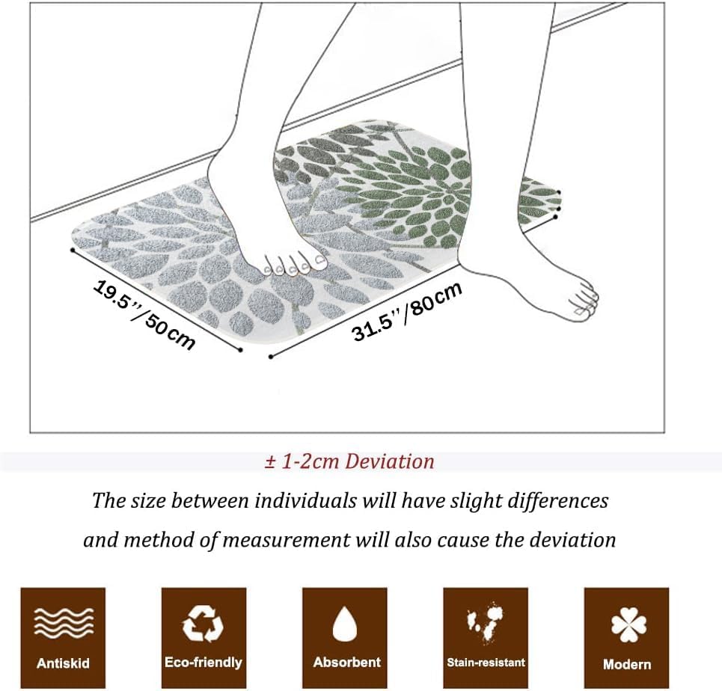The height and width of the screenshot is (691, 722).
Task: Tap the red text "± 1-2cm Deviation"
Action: point(349,461)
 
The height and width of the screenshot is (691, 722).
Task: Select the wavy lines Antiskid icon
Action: point(64,621)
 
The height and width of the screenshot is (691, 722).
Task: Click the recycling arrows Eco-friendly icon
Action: point(204,621)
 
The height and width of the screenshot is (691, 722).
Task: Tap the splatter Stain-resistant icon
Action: point(485,621)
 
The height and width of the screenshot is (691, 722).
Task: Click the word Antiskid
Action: point(64,663)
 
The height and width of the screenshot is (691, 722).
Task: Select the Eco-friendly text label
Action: point(204,663)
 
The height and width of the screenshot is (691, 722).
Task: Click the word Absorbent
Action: point(346,663)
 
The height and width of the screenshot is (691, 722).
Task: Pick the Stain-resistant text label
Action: point(486,663)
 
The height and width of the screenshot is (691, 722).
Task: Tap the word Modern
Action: point(627,664)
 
